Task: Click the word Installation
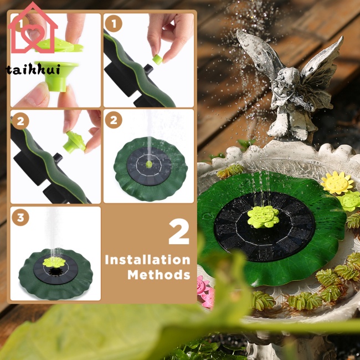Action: [147, 260]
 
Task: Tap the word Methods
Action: [159, 275]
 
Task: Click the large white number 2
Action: [179, 232]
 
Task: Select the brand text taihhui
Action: [33, 69]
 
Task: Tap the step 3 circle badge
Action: [20, 217]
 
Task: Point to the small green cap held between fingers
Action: [157, 59]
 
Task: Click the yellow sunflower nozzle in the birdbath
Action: [337, 183]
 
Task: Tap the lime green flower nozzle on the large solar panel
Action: [263, 217]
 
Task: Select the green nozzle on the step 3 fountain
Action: [54, 262]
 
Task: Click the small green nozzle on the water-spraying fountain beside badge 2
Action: [149, 164]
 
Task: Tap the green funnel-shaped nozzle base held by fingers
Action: [56, 76]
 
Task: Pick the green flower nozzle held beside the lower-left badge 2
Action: [74, 142]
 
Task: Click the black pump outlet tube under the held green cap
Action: [148, 69]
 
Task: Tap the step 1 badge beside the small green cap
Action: [114, 23]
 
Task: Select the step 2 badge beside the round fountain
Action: [114, 120]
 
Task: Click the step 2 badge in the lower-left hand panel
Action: [20, 121]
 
